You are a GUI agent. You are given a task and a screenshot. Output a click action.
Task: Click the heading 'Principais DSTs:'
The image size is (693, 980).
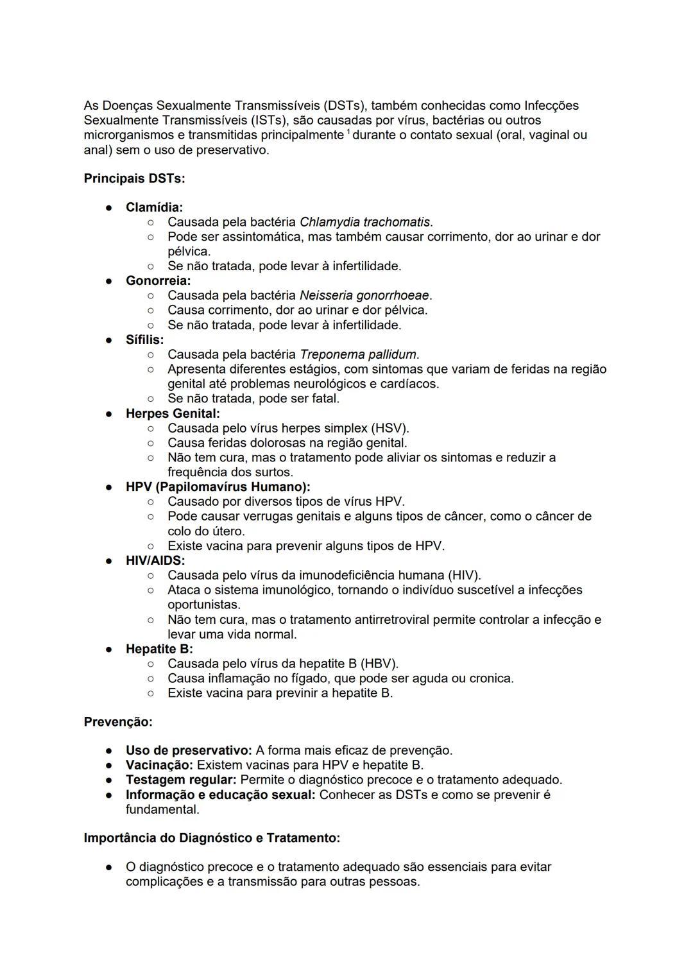(x=134, y=178)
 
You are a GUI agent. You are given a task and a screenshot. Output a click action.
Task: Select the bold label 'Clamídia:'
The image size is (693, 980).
(x=154, y=207)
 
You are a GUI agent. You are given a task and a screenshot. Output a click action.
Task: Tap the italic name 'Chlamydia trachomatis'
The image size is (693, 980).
(x=364, y=222)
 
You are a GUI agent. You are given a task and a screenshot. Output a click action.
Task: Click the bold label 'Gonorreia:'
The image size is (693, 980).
(x=158, y=280)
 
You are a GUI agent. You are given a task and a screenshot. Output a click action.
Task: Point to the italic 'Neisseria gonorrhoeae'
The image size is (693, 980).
(x=364, y=295)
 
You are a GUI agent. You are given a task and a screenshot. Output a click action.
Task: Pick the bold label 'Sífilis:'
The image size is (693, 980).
(x=144, y=340)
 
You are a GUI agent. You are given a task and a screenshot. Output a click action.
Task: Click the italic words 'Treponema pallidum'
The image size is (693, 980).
(x=358, y=354)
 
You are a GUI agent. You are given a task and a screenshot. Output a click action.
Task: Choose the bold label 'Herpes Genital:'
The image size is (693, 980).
(x=173, y=413)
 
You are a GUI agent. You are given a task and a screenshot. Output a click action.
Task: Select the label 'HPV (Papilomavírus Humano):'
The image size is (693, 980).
(x=218, y=487)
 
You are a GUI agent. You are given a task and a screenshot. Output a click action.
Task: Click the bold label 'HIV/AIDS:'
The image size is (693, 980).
(x=155, y=560)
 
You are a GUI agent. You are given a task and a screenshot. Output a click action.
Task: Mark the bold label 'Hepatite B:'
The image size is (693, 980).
(x=159, y=649)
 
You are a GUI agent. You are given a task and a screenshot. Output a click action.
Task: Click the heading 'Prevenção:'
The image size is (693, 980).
(x=118, y=722)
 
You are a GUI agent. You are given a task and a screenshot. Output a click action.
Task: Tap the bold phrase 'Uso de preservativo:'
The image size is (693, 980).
(x=189, y=750)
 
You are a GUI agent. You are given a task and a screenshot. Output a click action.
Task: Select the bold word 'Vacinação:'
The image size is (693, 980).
(x=159, y=765)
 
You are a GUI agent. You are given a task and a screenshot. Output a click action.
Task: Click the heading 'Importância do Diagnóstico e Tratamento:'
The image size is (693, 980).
(x=212, y=838)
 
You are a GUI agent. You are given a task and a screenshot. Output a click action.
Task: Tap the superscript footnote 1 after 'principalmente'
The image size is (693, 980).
(x=348, y=132)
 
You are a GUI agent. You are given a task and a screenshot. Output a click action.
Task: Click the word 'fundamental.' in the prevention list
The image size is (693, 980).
(x=162, y=809)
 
